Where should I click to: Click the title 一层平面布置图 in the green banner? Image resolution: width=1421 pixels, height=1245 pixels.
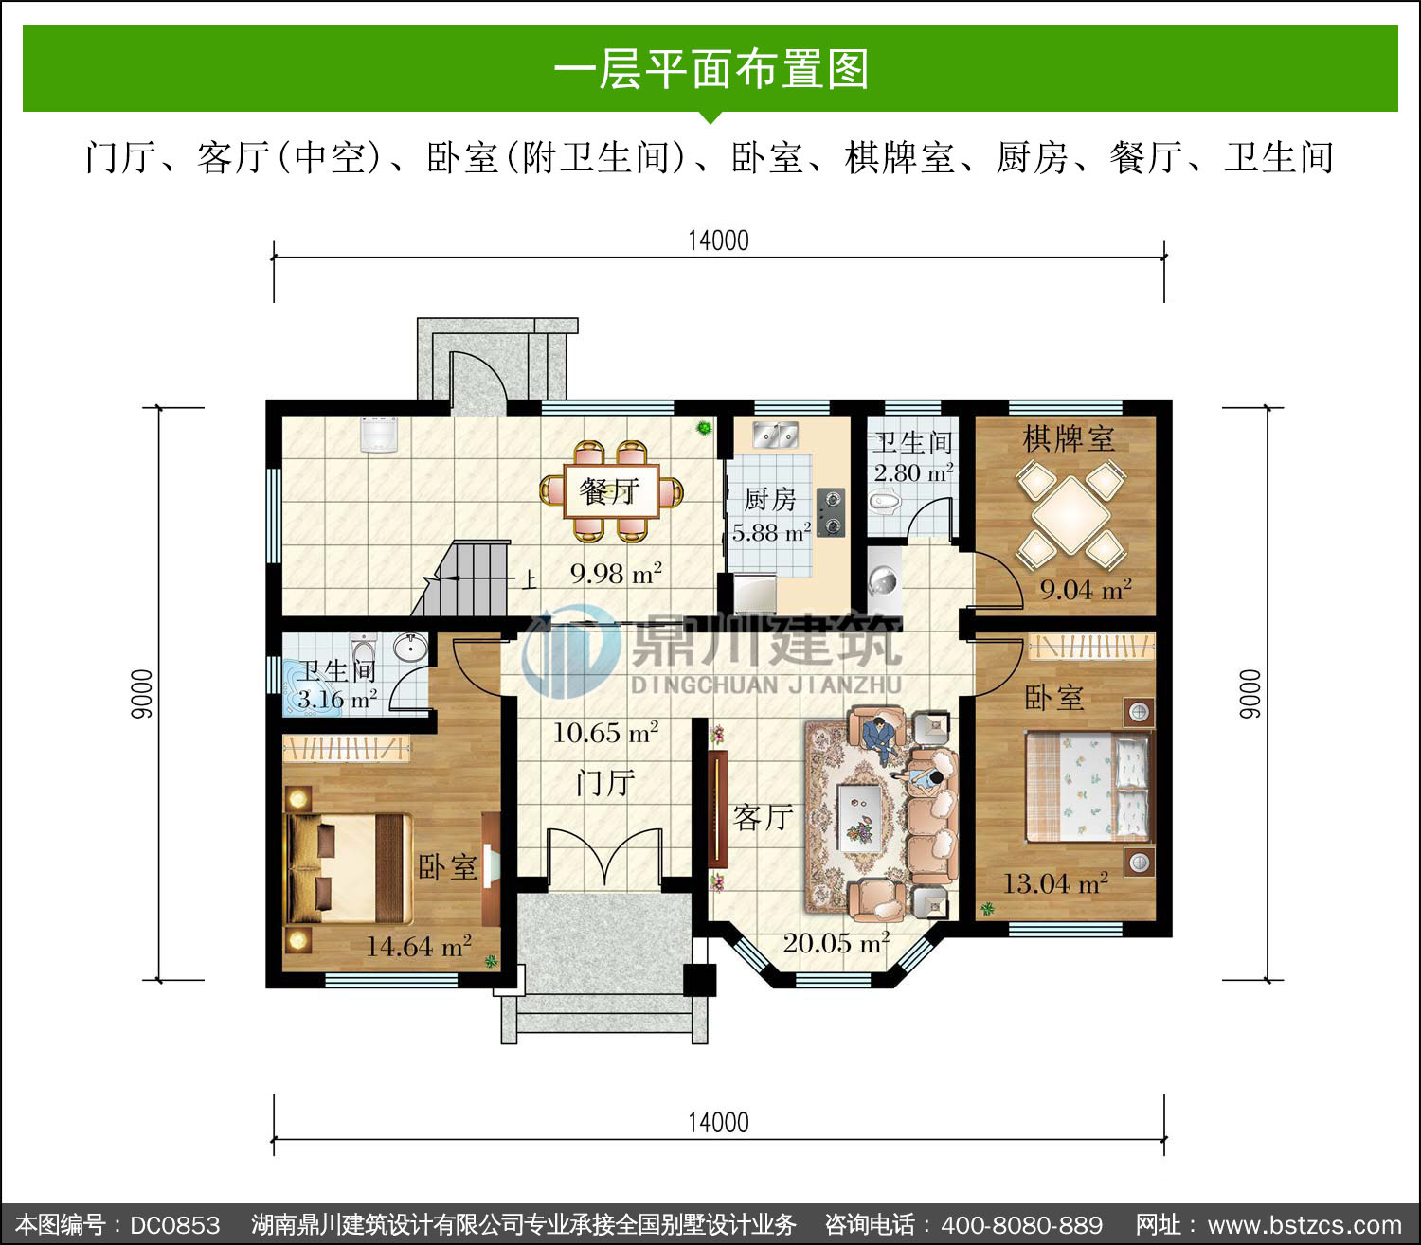tap(711, 69)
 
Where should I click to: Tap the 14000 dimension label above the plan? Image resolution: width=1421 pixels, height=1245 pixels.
tap(718, 240)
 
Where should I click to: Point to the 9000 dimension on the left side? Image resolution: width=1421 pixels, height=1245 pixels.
tap(142, 694)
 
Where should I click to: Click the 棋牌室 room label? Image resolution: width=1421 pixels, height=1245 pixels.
tap(1069, 439)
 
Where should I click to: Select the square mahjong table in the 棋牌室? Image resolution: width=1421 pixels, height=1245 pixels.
tap(1070, 515)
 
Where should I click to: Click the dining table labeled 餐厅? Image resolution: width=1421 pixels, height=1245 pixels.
tap(611, 490)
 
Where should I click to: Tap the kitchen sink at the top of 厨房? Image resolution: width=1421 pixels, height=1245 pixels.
tap(775, 435)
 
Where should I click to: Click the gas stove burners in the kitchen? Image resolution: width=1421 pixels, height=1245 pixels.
tap(832, 512)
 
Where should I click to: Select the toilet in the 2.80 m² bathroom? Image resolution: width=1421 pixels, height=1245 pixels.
tap(885, 502)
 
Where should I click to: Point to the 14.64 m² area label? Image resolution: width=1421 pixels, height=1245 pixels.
tap(419, 947)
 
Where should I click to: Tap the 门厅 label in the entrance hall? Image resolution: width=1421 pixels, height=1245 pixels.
tap(604, 783)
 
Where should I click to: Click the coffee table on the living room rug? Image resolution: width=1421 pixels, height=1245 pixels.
tap(859, 817)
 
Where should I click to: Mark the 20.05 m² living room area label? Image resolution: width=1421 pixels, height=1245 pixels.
tap(836, 943)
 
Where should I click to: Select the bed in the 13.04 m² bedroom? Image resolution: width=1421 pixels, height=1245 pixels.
tap(1088, 787)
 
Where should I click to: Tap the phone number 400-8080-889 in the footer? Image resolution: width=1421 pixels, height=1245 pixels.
tap(1022, 1225)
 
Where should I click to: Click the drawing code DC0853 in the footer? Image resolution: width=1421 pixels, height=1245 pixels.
tap(175, 1225)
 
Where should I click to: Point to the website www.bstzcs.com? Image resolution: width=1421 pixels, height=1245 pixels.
tap(1304, 1225)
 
